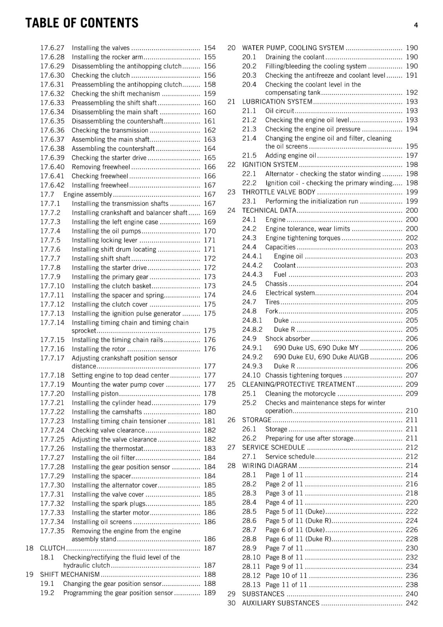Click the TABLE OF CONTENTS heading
(x=82, y=23)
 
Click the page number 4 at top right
(x=416, y=25)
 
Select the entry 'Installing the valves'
(x=100, y=48)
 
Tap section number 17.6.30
(x=52, y=75)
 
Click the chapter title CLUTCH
(x=52, y=548)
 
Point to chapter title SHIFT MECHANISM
(x=70, y=574)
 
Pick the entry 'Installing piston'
(x=95, y=393)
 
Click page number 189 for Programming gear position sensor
(x=209, y=593)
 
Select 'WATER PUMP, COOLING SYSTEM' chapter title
(x=293, y=48)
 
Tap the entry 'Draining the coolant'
(x=294, y=57)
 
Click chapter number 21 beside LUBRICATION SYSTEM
(x=231, y=101)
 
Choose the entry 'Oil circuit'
(x=280, y=111)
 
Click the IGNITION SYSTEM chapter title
(x=270, y=165)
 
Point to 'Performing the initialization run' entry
(x=312, y=201)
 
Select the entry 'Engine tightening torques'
(x=303, y=238)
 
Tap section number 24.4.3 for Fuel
(x=252, y=274)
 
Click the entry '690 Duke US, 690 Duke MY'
(x=316, y=348)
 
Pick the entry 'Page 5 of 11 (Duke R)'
(x=298, y=520)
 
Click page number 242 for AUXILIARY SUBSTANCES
(x=412, y=603)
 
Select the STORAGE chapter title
(x=256, y=420)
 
